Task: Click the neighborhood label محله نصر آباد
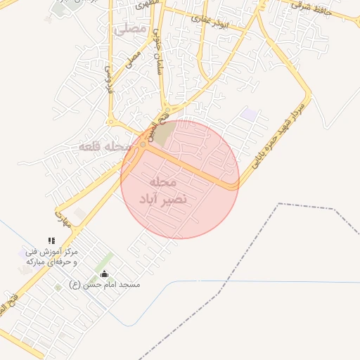[164, 191]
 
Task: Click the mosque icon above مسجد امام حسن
[105, 274]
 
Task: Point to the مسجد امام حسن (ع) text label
[105, 285]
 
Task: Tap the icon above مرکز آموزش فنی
[51, 241]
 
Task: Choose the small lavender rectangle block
[249, 113]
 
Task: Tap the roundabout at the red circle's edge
[143, 145]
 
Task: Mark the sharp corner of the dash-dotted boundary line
[279, 204]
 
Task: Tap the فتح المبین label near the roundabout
[150, 129]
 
